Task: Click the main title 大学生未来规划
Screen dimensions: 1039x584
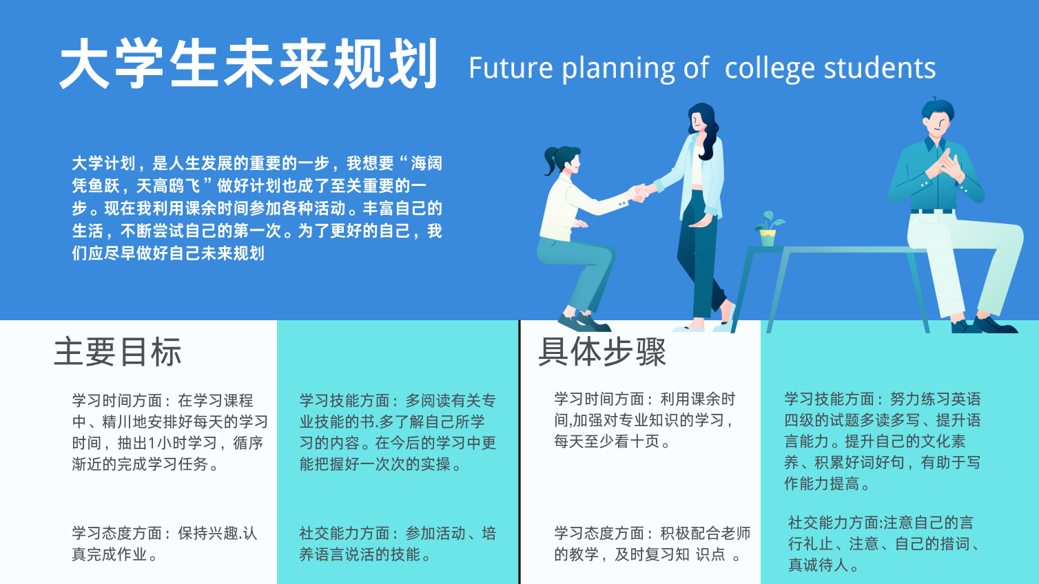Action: (249, 63)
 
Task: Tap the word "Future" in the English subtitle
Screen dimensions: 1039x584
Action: (511, 68)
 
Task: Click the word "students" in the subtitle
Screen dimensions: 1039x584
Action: (879, 68)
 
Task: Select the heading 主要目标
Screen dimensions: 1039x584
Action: (117, 352)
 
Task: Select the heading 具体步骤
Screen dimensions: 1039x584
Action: (602, 352)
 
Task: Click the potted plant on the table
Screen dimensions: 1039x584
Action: (769, 229)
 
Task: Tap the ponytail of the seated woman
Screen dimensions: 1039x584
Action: (551, 160)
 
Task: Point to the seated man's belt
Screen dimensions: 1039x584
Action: (932, 211)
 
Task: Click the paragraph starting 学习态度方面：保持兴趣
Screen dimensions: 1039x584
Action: (164, 543)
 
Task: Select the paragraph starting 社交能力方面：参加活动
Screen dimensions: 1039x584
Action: (398, 543)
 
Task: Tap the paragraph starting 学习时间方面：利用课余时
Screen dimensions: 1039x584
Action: (645, 420)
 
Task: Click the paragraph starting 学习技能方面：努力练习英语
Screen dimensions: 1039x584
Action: (882, 441)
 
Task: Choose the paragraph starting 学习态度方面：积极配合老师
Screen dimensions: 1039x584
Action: (652, 543)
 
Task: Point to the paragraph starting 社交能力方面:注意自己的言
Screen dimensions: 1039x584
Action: (883, 543)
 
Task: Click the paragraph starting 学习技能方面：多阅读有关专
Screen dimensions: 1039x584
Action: (398, 432)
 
